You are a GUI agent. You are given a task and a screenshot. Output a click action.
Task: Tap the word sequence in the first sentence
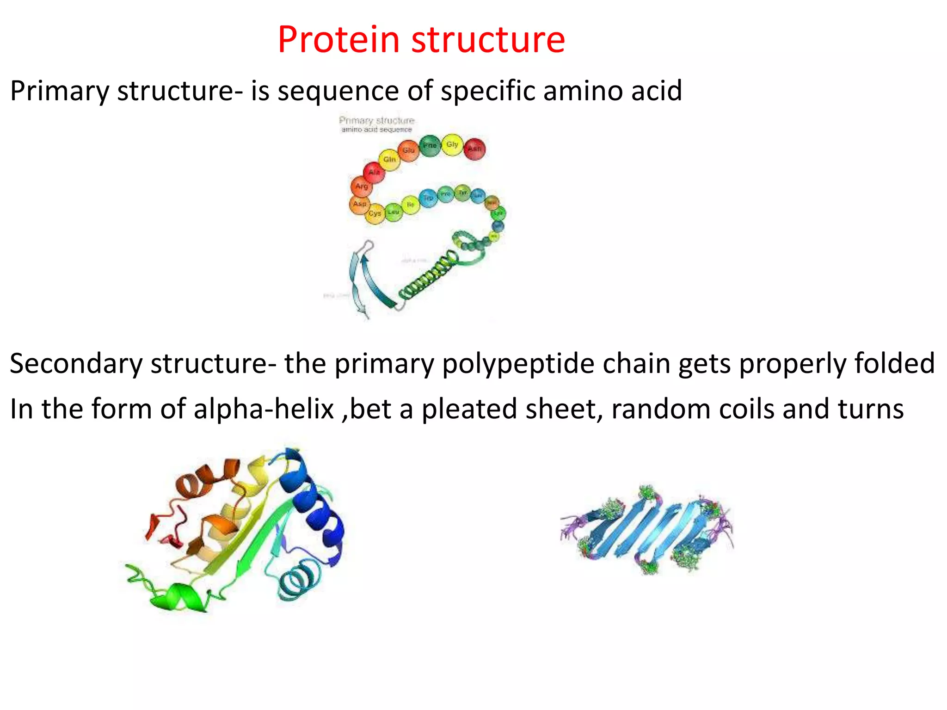pyautogui.click(x=338, y=91)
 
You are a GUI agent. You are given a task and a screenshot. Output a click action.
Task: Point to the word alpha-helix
pyautogui.click(x=264, y=409)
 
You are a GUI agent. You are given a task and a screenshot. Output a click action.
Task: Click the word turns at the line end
pyautogui.click(x=870, y=409)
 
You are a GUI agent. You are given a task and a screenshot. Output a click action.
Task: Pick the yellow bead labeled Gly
pyautogui.click(x=452, y=145)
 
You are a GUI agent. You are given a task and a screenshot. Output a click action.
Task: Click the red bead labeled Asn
pyautogui.click(x=474, y=149)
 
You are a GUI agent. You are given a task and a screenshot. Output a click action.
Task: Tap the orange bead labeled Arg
pyautogui.click(x=362, y=187)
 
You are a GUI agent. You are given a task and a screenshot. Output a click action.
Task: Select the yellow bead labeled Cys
pyautogui.click(x=375, y=214)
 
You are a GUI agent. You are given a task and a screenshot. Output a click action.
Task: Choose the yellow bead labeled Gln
pyautogui.click(x=389, y=159)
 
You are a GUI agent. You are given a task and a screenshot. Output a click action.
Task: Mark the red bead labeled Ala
pyautogui.click(x=374, y=172)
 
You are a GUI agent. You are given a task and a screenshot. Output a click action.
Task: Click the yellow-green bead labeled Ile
pyautogui.click(x=410, y=205)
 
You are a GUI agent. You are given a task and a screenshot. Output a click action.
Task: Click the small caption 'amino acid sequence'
pyautogui.click(x=376, y=130)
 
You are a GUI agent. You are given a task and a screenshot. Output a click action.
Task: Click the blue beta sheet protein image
pyautogui.click(x=647, y=529)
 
